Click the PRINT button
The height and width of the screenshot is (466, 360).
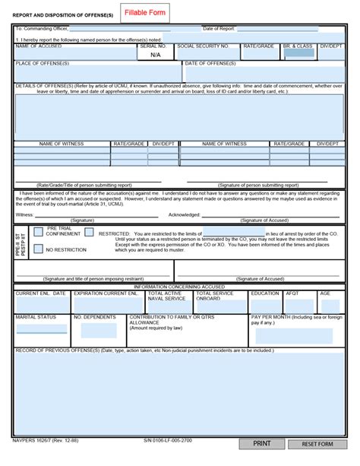click(261, 443)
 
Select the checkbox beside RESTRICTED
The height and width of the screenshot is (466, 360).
click(90, 233)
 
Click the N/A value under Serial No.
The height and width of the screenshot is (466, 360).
click(155, 55)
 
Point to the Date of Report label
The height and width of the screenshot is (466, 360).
click(219, 28)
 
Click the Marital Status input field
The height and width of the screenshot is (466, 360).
click(42, 329)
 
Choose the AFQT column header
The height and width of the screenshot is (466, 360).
click(292, 293)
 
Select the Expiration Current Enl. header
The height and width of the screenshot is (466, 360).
click(106, 293)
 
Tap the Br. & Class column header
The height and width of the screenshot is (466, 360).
click(298, 46)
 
